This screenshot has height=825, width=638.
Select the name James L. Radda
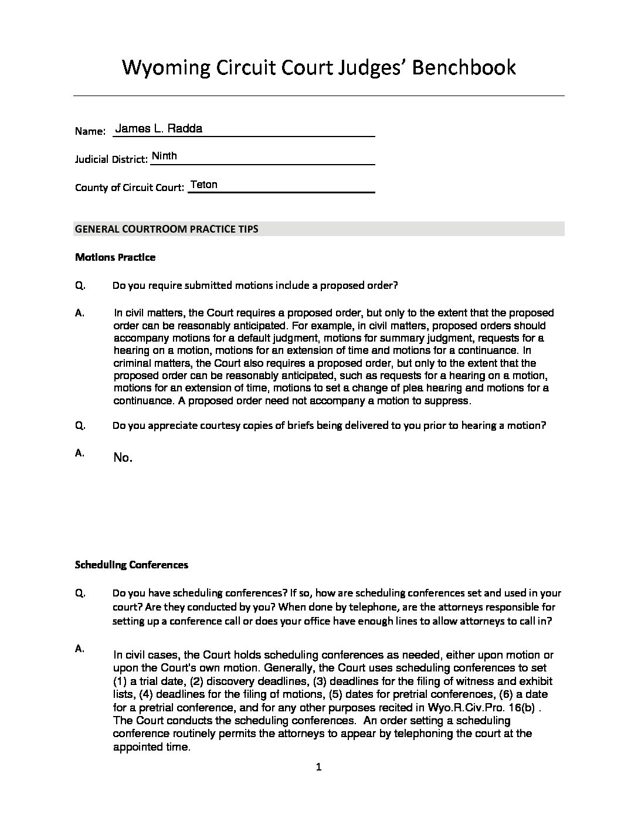(159, 128)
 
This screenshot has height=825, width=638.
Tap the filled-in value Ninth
(164, 156)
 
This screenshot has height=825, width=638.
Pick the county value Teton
(204, 185)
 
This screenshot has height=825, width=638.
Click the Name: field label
(90, 131)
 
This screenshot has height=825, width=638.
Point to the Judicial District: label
(111, 159)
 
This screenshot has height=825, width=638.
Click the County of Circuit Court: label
(130, 188)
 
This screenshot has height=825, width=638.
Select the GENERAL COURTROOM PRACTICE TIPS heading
(167, 229)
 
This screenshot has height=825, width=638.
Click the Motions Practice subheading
(116, 257)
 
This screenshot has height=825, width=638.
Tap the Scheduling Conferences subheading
(131, 565)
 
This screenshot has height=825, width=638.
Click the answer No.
(123, 458)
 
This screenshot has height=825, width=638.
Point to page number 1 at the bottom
(319, 767)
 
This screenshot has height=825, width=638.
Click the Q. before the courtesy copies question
(80, 425)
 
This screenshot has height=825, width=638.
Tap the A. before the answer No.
(80, 452)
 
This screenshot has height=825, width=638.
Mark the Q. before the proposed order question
(80, 285)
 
